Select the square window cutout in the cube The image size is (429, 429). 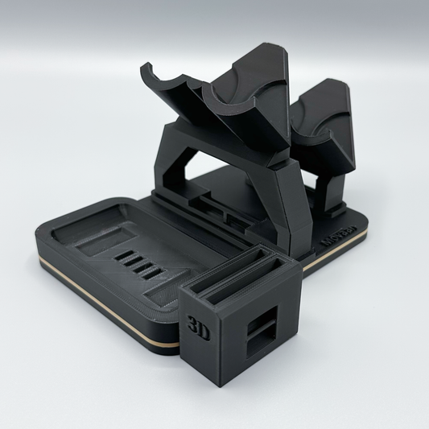point(262,326)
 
